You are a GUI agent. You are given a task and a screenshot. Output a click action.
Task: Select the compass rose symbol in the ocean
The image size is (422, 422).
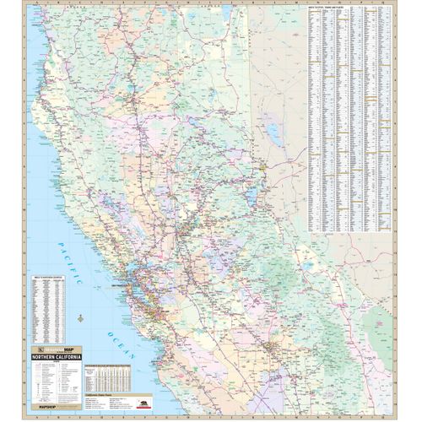[79, 319]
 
